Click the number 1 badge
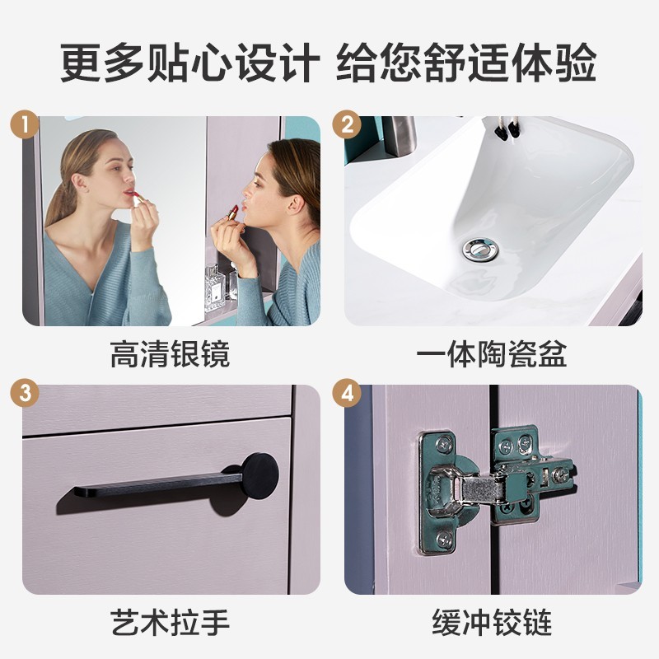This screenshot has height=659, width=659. click(25, 124)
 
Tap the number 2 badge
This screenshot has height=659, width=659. click(347, 124)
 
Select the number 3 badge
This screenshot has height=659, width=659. click(25, 393)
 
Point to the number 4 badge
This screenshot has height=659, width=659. click(347, 393)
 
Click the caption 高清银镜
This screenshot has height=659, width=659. click(170, 354)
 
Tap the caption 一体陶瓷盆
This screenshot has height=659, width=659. click(491, 354)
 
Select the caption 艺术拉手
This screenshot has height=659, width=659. click(170, 623)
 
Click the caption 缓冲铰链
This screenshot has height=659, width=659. click(492, 623)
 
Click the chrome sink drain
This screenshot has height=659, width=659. click(480, 250)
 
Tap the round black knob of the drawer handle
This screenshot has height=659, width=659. click(260, 476)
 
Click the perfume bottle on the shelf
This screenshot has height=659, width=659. click(215, 287)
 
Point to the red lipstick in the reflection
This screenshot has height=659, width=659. click(136, 199)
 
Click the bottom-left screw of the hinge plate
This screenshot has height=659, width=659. click(443, 538)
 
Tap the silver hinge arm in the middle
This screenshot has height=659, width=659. click(484, 488)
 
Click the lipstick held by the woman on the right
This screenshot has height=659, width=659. click(232, 213)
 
